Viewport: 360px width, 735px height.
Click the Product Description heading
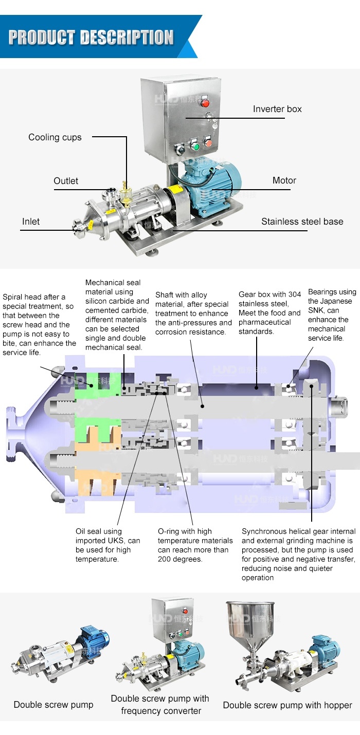91,38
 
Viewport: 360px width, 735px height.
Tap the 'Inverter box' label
277,109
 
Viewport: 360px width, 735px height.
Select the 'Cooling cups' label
55,137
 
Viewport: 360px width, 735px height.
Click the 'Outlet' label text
66,181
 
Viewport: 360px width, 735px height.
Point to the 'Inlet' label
31,222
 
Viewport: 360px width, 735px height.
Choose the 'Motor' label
284,180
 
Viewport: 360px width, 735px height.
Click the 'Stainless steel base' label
302,222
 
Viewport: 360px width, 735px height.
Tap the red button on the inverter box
204,100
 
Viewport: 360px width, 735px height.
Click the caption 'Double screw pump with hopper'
287,705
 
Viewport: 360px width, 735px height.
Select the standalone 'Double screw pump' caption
53,705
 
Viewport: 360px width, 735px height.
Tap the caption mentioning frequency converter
160,705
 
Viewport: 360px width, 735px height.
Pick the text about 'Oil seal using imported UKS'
107,545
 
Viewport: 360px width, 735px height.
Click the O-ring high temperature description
195,545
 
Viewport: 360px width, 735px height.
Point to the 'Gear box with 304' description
269,313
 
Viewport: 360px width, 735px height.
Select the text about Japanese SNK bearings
332,315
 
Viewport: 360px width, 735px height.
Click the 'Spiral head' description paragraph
39,325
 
